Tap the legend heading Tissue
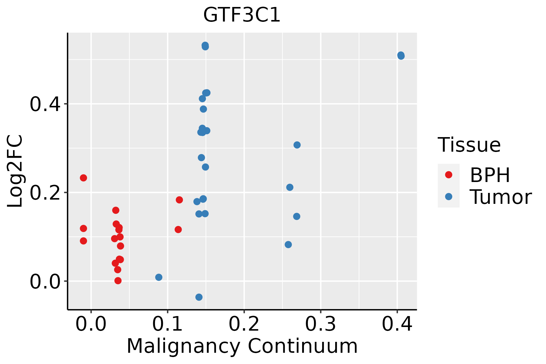469,145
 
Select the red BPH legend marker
448,175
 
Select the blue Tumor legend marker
448,197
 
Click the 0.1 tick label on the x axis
167,324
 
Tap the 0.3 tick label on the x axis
320,324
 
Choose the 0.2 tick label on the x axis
244,324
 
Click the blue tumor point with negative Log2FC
199,297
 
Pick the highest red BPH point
83,178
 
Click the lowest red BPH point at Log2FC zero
118,281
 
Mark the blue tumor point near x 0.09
159,277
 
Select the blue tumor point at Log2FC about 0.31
297,145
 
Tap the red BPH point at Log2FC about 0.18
179,200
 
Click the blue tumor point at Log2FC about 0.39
203,109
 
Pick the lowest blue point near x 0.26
288,244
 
